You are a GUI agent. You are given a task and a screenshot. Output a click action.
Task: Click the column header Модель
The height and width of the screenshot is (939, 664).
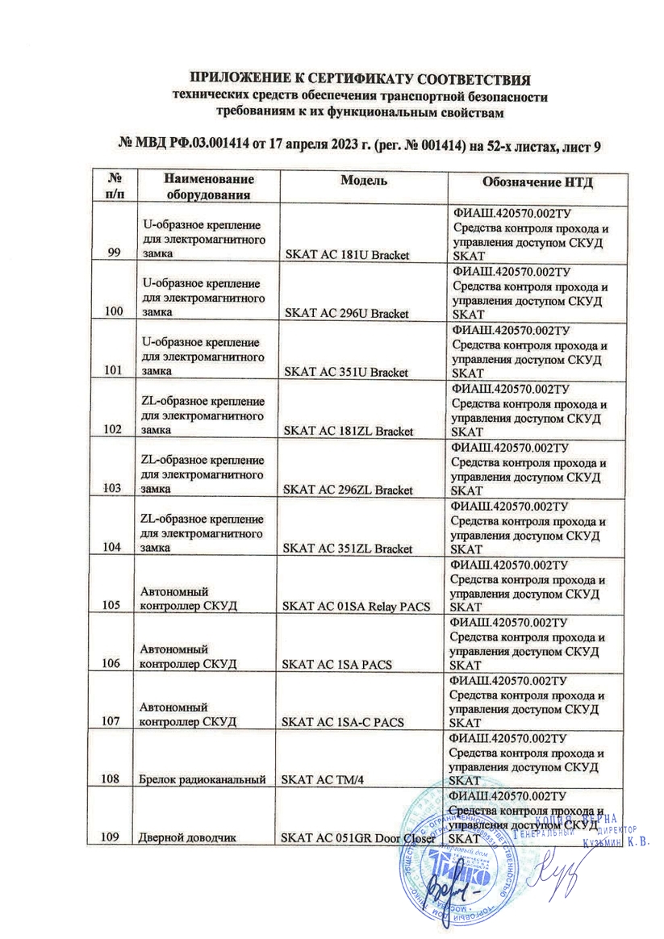click(361, 180)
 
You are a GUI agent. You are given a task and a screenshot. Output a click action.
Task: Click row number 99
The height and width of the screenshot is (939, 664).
click(114, 254)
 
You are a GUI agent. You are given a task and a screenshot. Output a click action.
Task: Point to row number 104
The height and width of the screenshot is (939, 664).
click(114, 548)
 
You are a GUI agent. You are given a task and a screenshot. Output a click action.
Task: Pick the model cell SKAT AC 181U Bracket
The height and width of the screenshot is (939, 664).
click(345, 255)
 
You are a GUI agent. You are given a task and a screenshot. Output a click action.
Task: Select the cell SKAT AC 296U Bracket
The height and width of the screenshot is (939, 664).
click(345, 313)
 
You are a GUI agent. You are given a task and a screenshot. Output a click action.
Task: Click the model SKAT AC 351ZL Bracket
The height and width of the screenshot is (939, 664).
click(346, 549)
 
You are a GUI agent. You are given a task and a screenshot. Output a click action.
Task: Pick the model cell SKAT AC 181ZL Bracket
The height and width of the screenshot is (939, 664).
click(346, 431)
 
